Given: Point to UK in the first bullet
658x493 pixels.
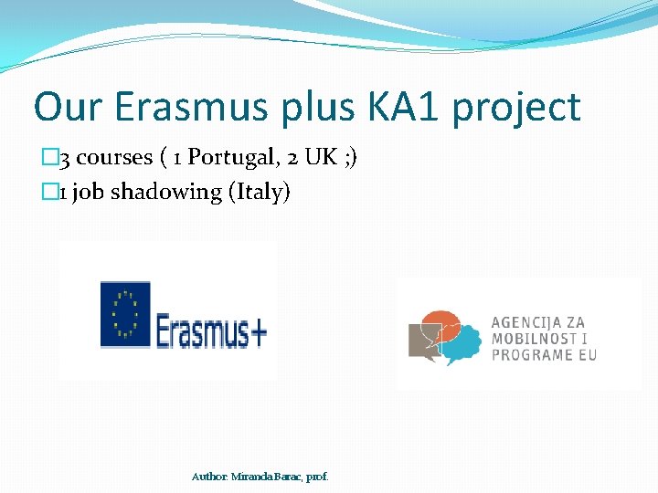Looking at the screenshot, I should click(x=320, y=157).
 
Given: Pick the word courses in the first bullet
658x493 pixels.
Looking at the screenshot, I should click(x=114, y=158).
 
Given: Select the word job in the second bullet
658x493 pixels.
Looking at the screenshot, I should click(x=88, y=193).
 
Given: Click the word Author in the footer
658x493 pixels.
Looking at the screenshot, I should click(x=210, y=477).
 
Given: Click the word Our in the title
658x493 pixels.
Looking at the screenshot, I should click(x=68, y=108).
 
